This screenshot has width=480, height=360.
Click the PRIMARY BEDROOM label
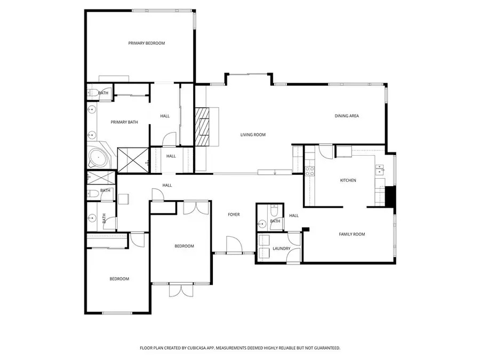[x=146, y=43]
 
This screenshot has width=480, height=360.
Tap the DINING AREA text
[x=346, y=116]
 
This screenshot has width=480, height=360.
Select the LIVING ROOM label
[x=252, y=135]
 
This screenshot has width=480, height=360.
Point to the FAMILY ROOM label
[x=352, y=234]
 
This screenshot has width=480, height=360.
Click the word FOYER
[x=234, y=214]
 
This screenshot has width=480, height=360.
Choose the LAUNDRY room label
[x=281, y=249]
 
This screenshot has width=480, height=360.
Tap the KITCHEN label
[x=348, y=180]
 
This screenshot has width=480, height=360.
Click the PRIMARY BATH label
[x=124, y=122]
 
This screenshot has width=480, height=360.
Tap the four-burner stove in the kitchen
[x=309, y=171]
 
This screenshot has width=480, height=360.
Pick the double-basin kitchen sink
[x=380, y=170]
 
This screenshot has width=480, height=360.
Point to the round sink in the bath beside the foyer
[x=262, y=222]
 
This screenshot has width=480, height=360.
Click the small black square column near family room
[x=306, y=229]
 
